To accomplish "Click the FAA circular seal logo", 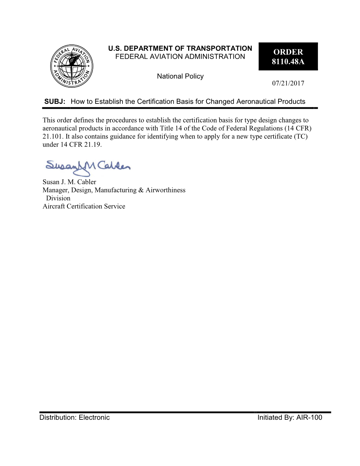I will (x=72, y=66).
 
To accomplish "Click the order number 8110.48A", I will (x=288, y=61).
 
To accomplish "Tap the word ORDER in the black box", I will (x=288, y=52).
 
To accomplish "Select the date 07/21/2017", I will (x=288, y=83).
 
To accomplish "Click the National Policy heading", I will (x=180, y=76).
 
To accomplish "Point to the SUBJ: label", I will (x=55, y=102).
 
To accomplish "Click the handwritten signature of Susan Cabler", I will (x=88, y=167).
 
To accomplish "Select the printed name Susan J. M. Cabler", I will (x=69, y=182).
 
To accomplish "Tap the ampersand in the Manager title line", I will (x=141, y=190).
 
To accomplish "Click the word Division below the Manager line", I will (x=58, y=198).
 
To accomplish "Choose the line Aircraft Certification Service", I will (x=84, y=206).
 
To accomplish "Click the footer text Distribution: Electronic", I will (x=74, y=418).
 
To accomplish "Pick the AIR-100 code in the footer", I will (x=309, y=418).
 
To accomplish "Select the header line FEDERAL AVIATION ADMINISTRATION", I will (x=180, y=56).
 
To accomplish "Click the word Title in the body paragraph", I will (x=167, y=128).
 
